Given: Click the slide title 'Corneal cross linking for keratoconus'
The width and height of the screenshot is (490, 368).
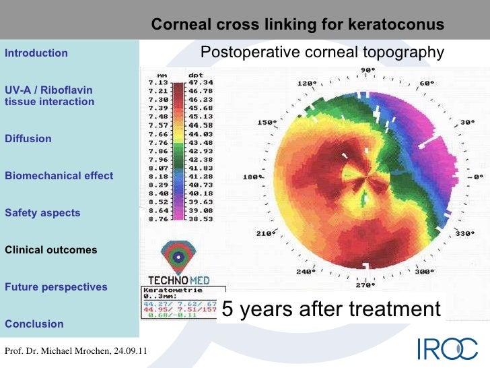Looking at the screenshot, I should coord(297,25).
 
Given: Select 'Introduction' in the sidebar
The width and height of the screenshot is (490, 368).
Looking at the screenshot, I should coord(36,53).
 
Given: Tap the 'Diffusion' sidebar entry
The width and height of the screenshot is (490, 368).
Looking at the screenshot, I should coord(28,139).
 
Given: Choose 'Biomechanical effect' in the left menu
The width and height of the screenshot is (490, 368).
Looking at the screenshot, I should coord(59,176).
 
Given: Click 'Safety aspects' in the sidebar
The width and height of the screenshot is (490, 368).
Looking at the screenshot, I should coord(42,213).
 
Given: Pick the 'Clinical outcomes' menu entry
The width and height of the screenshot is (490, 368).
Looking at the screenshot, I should coord(51,250).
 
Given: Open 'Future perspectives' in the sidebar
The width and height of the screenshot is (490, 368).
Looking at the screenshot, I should coord(56,287).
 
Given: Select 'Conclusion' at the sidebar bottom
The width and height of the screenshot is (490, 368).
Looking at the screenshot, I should coord(34,324).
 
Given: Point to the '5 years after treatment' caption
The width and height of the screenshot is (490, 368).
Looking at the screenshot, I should coord(330,309).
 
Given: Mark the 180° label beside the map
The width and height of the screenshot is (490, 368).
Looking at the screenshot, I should coord(251,177).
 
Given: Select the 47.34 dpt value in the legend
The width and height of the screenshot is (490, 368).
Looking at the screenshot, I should coord(200,82).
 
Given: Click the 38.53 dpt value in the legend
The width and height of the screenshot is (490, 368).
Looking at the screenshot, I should coord(200,218).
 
